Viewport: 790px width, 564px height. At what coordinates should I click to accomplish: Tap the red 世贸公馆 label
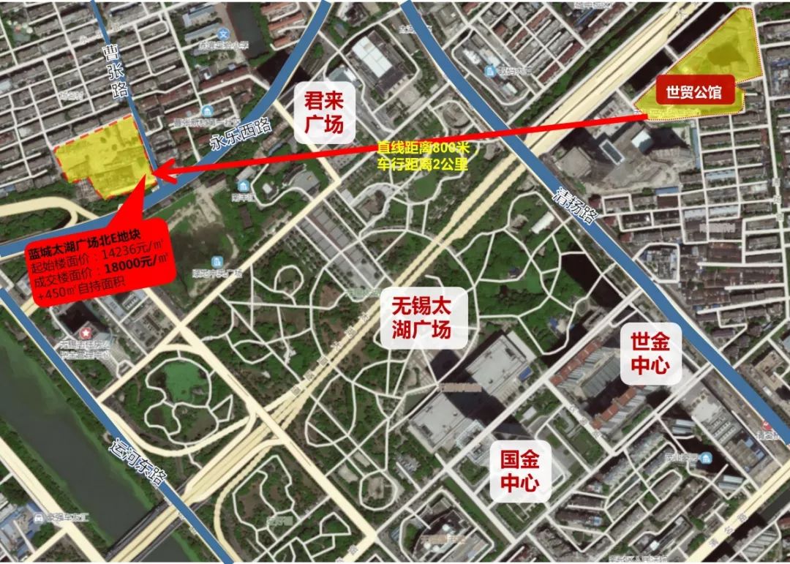(x=693, y=93)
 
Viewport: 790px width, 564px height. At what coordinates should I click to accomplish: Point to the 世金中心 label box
(x=650, y=354)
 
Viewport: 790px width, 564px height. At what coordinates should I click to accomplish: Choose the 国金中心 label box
(x=519, y=471)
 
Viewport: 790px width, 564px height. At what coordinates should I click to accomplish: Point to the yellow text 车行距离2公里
(x=422, y=164)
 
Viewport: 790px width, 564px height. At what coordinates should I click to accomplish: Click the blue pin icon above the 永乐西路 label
(x=210, y=111)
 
